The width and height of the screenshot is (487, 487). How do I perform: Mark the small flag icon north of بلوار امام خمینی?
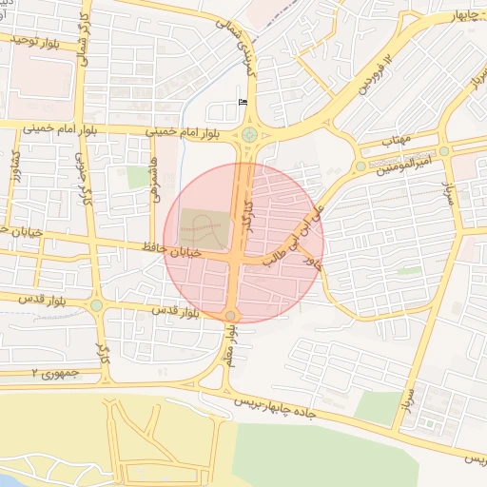[242, 102]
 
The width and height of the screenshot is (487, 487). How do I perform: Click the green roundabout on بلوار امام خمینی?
[249, 134]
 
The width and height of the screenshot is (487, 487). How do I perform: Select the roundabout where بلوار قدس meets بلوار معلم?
[230, 316]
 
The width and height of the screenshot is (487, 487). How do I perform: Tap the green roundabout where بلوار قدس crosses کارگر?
[96, 305]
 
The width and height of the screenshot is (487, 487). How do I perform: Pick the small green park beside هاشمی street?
[138, 177]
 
